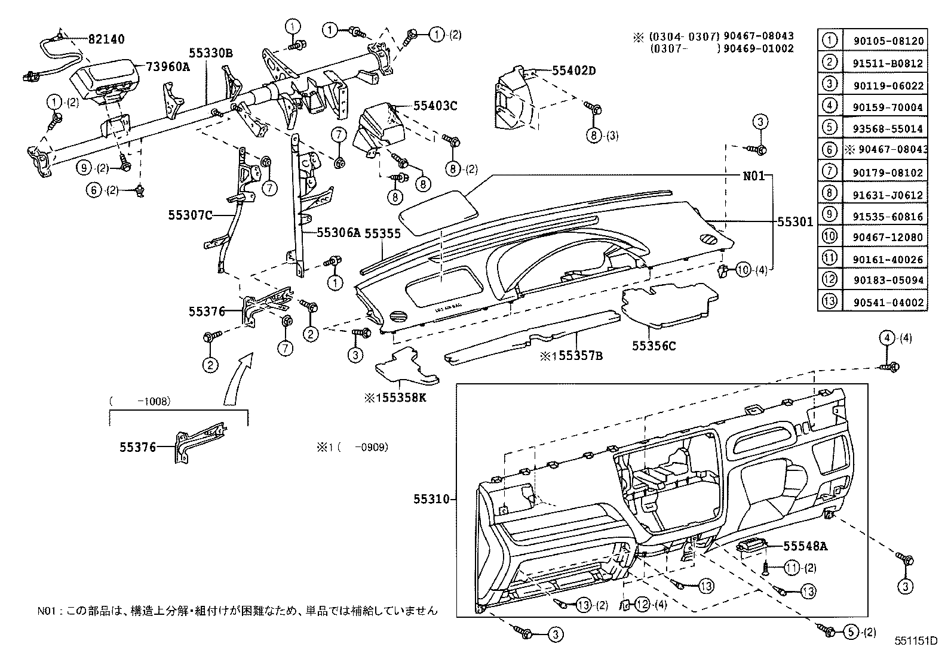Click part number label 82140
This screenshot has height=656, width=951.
pyautogui.click(x=106, y=39)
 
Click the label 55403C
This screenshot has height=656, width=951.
pyautogui.click(x=435, y=106)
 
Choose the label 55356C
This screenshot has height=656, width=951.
pyautogui.click(x=654, y=346)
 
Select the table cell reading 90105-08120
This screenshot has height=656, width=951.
pyautogui.click(x=883, y=41)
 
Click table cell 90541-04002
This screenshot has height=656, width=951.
pyautogui.click(x=883, y=303)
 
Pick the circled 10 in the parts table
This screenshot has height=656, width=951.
pyautogui.click(x=830, y=237)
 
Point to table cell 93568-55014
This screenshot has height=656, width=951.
pyautogui.click(x=883, y=128)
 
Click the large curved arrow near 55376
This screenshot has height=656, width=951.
pyautogui.click(x=237, y=382)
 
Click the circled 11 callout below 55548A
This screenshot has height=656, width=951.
pyautogui.click(x=792, y=568)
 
